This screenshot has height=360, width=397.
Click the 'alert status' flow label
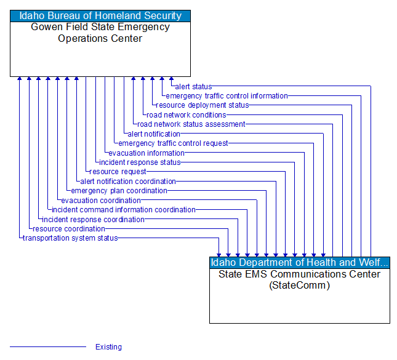tap(193, 87)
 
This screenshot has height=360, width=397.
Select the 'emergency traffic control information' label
tap(227, 96)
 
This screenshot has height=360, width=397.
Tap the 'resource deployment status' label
tap(203, 105)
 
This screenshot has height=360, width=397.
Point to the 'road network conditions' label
tap(186, 115)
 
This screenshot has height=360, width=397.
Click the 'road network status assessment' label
tap(191, 124)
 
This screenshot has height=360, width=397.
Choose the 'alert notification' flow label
tap(154, 134)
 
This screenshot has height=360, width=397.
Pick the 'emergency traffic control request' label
tap(173, 143)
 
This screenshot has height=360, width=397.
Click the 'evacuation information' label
tap(146, 153)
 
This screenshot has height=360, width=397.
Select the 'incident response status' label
tap(140, 162)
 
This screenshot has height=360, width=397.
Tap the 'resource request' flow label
tap(118, 172)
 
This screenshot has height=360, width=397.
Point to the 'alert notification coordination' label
tap(128, 182)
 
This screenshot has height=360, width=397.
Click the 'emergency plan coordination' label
tap(119, 191)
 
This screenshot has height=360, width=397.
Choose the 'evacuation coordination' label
tap(101, 201)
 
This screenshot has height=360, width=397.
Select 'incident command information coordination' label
tap(124, 210)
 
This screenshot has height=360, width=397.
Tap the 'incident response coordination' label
tap(94, 220)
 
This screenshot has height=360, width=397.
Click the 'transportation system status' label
tap(70, 238)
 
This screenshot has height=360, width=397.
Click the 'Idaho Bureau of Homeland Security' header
tap(100, 16)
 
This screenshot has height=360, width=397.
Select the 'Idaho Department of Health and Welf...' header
tap(300, 263)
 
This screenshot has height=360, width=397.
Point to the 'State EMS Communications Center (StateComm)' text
tap(300, 279)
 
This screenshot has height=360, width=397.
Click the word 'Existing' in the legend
tap(108, 347)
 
